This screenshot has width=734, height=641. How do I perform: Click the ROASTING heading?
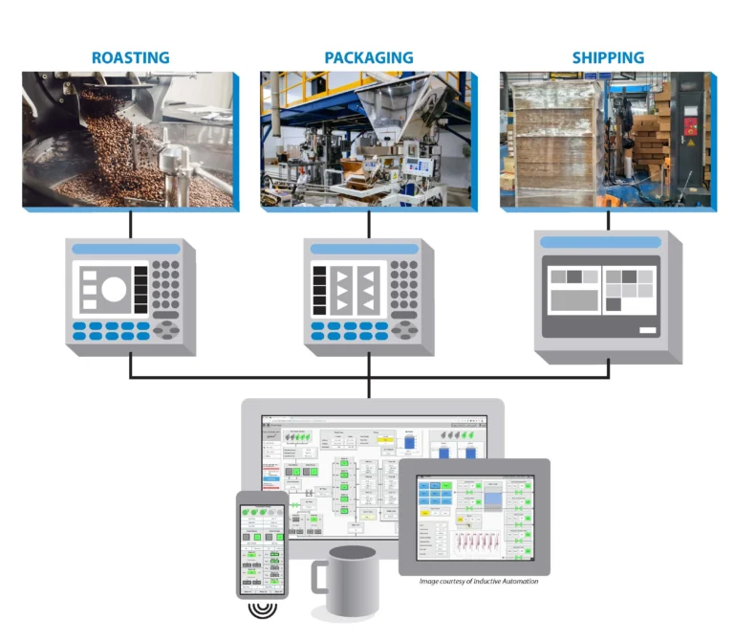click(x=130, y=57)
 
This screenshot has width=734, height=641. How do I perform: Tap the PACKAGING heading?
click(x=368, y=57)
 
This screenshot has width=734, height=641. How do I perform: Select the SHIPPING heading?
click(x=608, y=57)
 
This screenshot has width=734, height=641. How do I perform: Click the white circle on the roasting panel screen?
click(x=114, y=288)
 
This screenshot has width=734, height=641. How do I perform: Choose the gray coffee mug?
click(x=349, y=581)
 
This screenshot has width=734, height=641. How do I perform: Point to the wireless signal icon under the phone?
click(x=262, y=609)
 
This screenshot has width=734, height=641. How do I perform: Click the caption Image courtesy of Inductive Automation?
click(x=481, y=581)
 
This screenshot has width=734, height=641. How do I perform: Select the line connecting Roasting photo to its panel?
click(x=130, y=224)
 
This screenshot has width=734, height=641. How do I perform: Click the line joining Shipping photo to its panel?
click(x=608, y=220)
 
